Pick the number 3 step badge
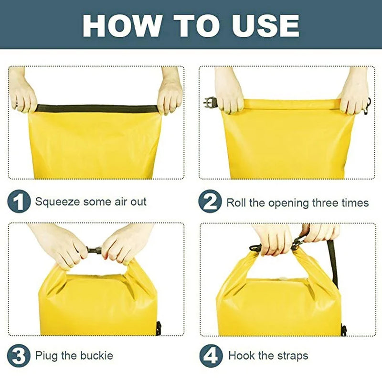tap(18, 356)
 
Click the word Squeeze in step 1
tap(57, 202)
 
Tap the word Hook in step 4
tap(242, 356)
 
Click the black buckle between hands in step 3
tap(95, 250)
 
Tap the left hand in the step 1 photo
tap(23, 95)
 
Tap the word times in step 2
tap(353, 203)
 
